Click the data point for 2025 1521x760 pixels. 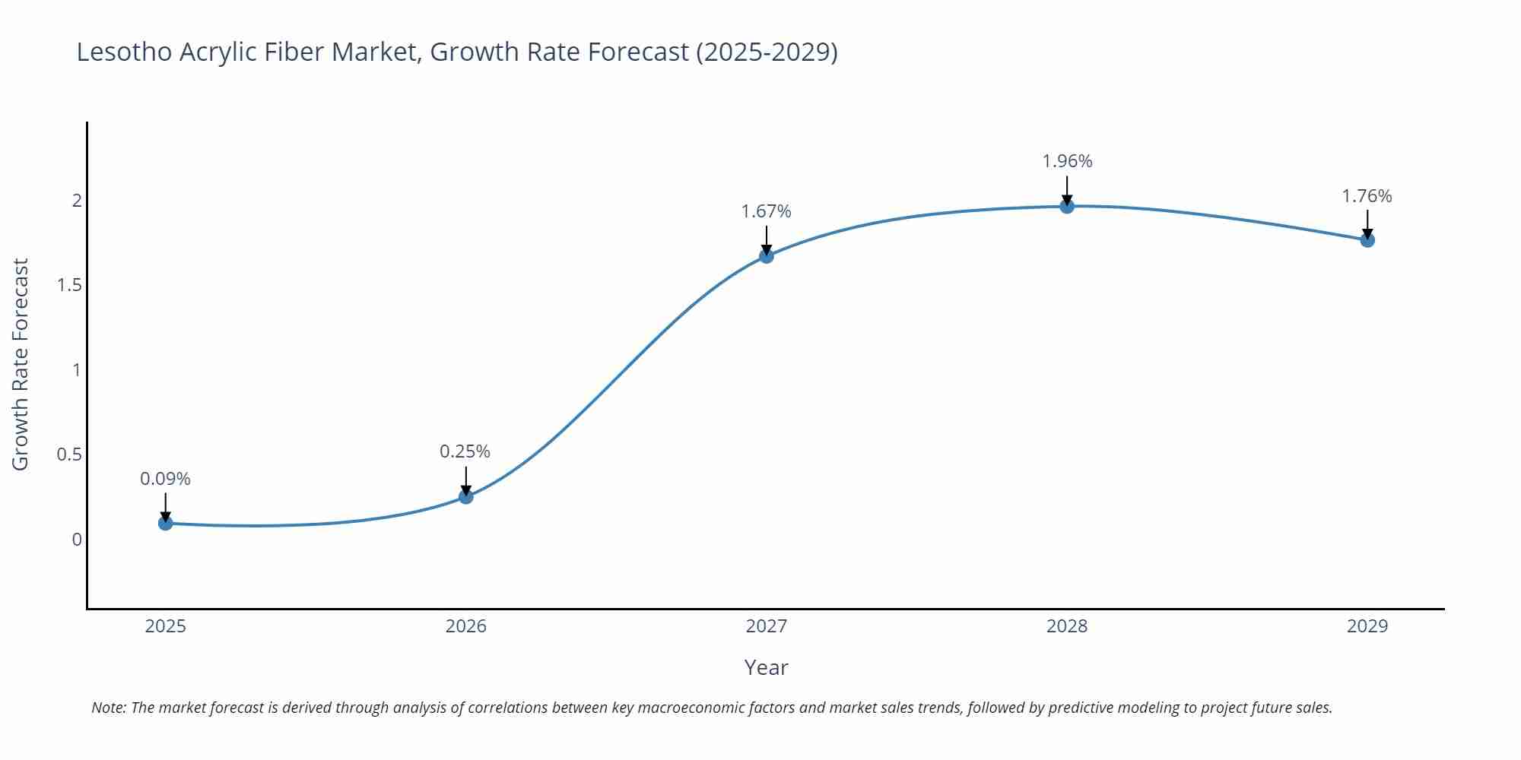point(166,523)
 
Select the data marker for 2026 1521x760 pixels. point(466,496)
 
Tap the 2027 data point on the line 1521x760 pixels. point(767,256)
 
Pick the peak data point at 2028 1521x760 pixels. point(1067,206)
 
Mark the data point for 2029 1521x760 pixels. point(1367,240)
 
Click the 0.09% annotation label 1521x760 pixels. point(165,479)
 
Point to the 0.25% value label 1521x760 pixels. point(465,451)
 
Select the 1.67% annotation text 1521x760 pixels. point(767,211)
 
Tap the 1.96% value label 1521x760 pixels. point(1067,161)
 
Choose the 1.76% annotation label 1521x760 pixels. point(1367,196)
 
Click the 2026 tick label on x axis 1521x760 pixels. point(466,626)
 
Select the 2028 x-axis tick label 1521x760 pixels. point(1067,626)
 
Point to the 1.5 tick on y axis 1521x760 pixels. point(69,286)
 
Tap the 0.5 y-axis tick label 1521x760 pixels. point(69,454)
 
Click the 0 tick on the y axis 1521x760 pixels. point(77,540)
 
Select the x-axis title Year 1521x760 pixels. point(766,667)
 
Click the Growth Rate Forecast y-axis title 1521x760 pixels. point(21,364)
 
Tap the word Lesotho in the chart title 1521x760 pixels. point(124,52)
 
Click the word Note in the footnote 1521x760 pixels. point(108,708)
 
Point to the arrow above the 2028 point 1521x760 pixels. point(1067,190)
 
